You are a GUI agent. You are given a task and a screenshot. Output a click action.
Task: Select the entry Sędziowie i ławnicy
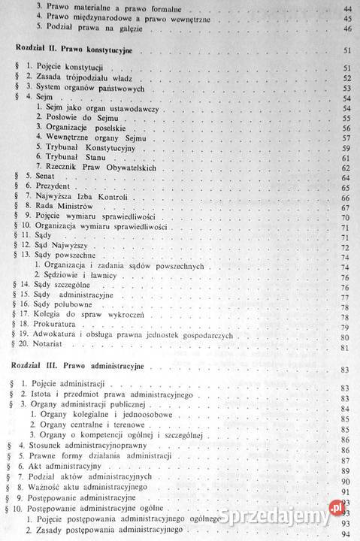(x=79, y=276)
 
